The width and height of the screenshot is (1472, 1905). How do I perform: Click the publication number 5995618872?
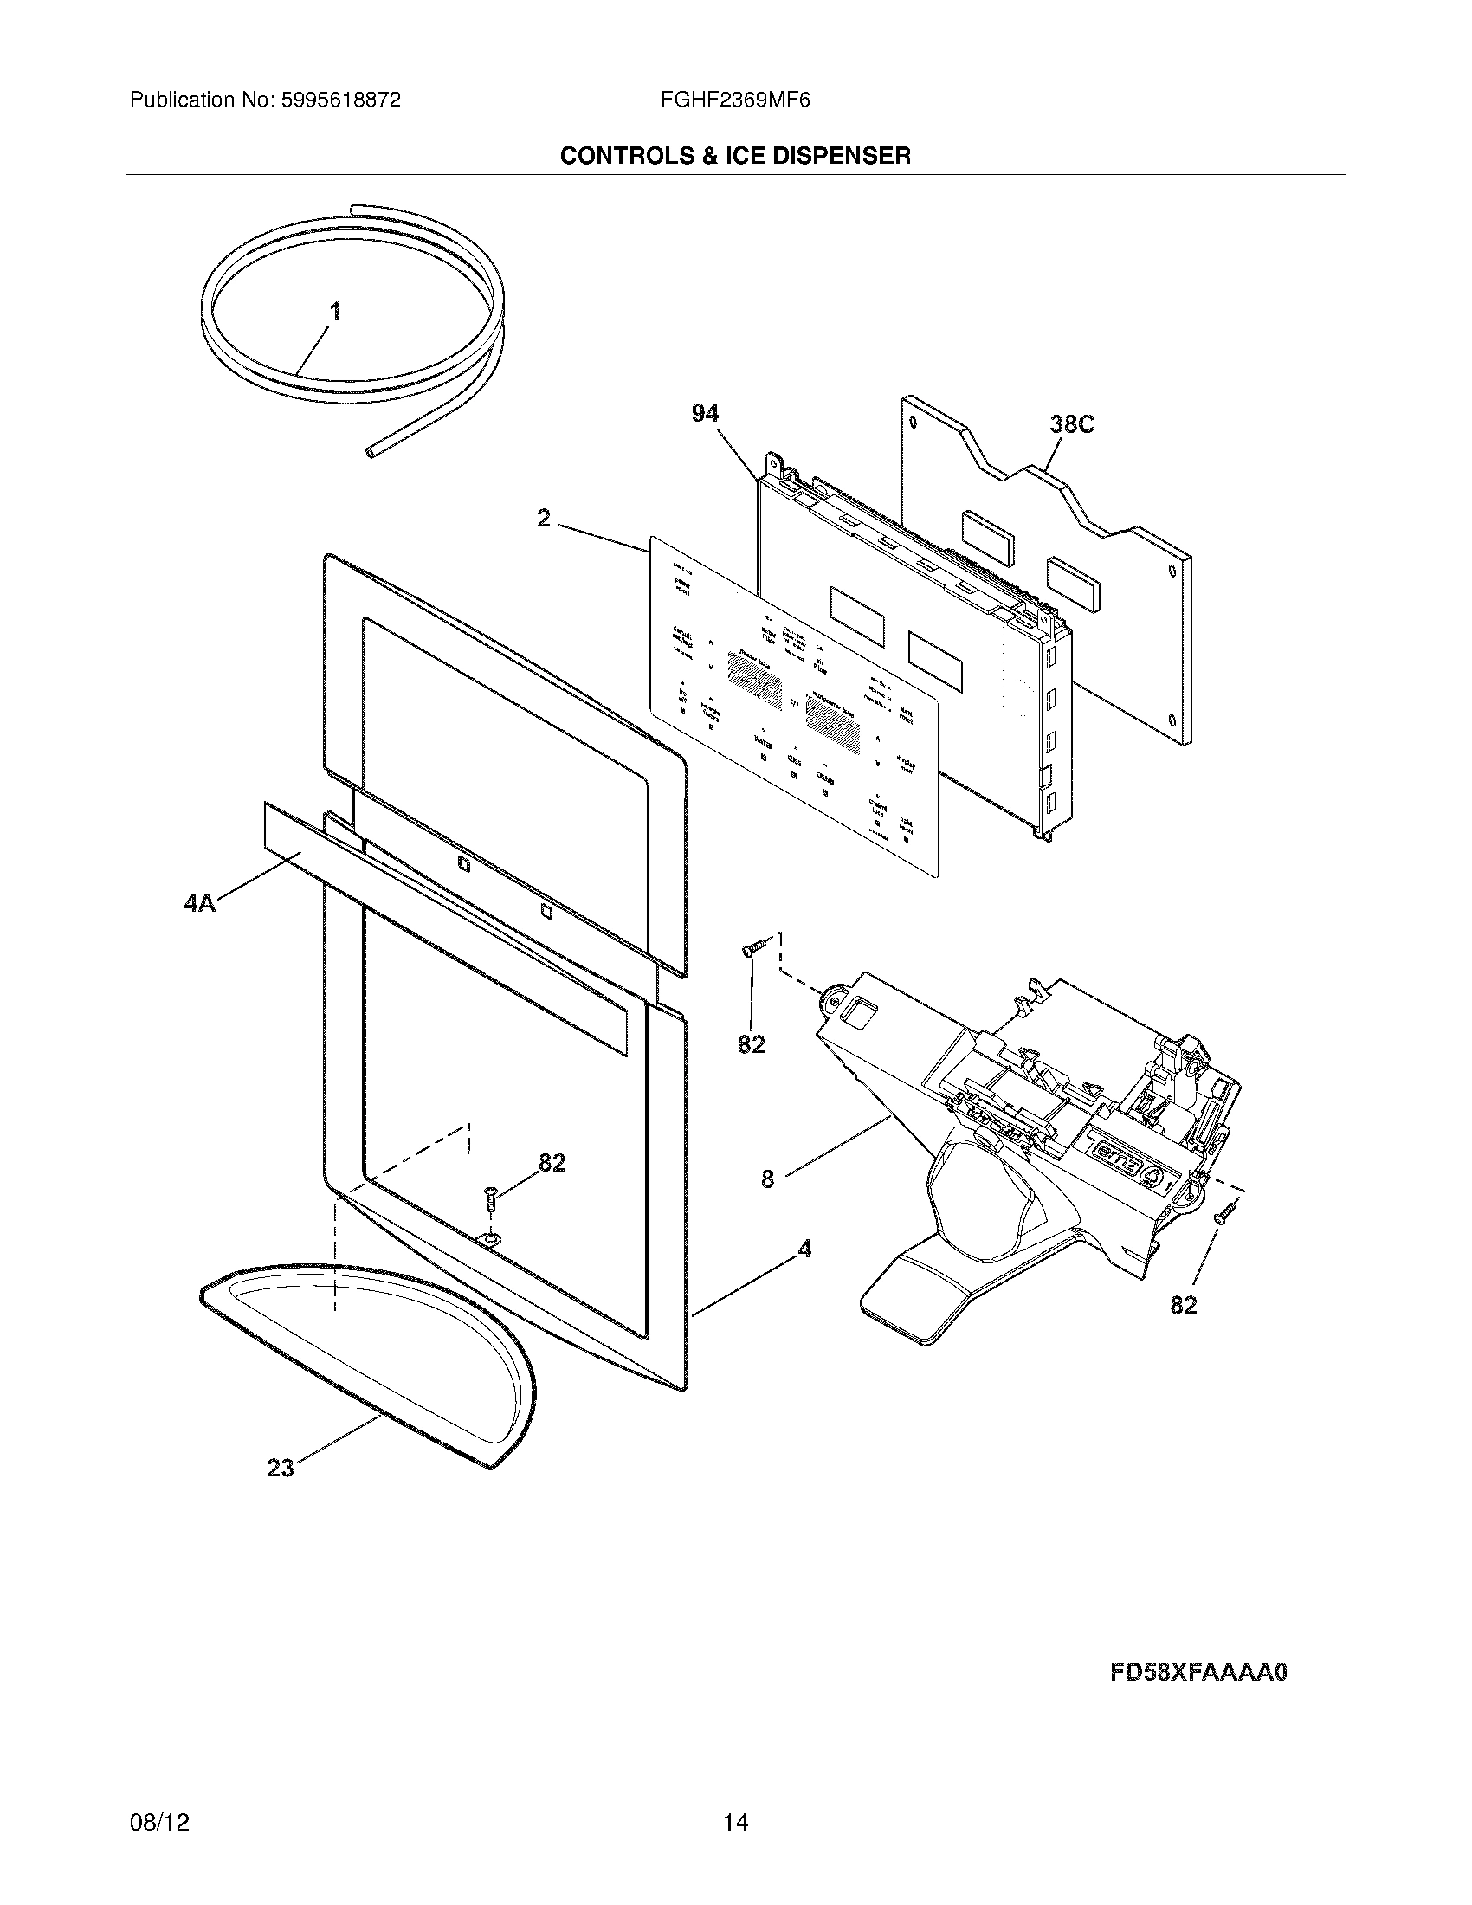tap(339, 100)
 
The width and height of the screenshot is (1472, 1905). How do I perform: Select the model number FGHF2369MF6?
tap(736, 100)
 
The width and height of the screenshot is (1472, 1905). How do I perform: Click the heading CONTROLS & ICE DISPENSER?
tap(735, 156)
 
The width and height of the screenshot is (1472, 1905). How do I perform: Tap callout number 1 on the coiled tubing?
tap(335, 312)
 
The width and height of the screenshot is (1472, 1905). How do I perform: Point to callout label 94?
tap(705, 413)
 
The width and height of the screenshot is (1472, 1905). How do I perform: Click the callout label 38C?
tap(1071, 425)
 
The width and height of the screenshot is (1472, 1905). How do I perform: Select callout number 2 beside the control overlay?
tap(543, 519)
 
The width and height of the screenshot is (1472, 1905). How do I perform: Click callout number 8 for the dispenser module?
tap(767, 1180)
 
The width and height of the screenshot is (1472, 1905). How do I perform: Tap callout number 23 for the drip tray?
tap(281, 1469)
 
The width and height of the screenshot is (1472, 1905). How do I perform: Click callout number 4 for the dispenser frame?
tap(804, 1250)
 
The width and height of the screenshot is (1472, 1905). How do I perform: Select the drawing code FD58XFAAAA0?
tap(1199, 1673)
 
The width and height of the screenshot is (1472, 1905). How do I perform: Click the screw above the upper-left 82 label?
tap(755, 948)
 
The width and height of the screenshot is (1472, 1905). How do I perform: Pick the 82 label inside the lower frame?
tap(551, 1163)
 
